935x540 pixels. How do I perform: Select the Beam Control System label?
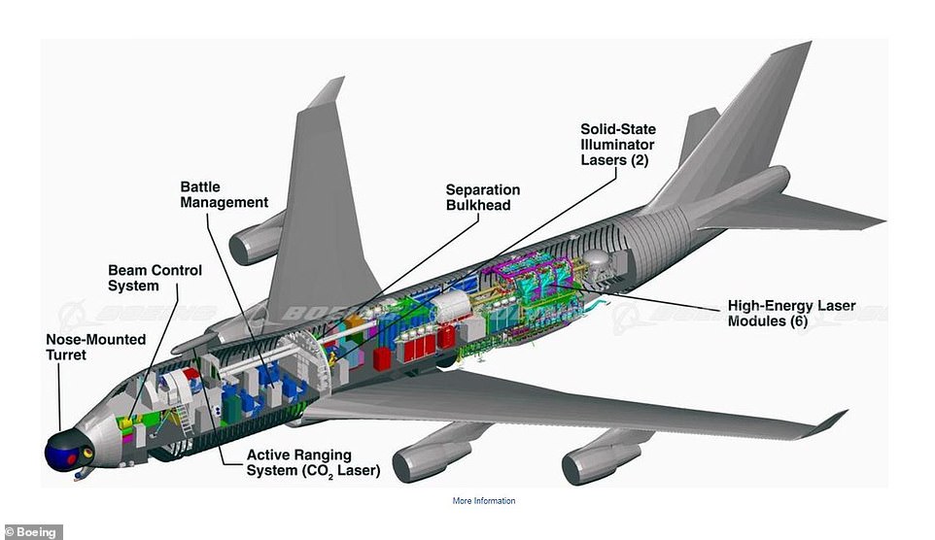pyautogui.click(x=155, y=278)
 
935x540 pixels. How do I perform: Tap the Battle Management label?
pyautogui.click(x=224, y=194)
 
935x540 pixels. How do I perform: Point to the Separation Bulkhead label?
pyautogui.click(x=483, y=197)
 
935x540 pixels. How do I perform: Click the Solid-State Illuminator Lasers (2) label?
pyautogui.click(x=618, y=144)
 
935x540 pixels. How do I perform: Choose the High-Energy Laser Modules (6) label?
pyautogui.click(x=791, y=313)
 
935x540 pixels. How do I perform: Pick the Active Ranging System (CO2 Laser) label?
pyautogui.click(x=312, y=463)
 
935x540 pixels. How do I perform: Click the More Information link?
pyautogui.click(x=484, y=501)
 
